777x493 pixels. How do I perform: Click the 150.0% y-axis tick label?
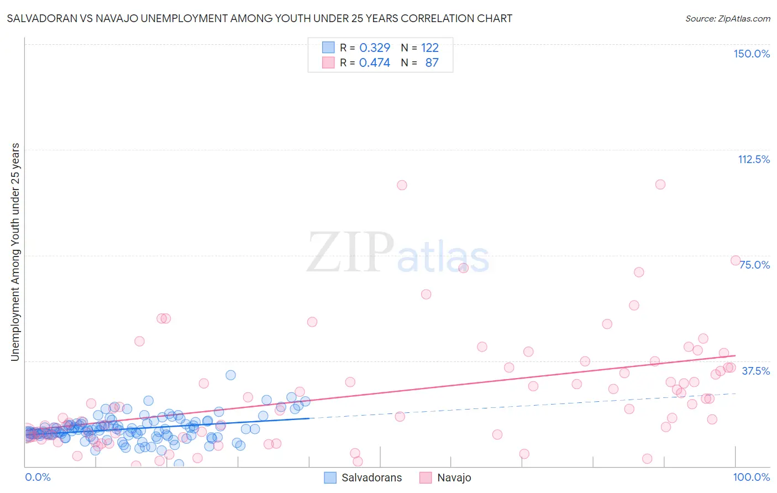pos(751,54)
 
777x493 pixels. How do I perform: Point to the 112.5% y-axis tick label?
pos(753,159)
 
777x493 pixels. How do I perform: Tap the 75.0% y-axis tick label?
pos(754,265)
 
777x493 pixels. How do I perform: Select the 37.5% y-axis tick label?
pos(755,371)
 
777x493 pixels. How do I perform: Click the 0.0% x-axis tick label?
pos(38,477)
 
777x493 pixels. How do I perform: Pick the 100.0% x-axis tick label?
pos(751,477)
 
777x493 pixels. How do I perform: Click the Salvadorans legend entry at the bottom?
pos(363,478)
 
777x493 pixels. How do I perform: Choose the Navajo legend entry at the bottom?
pos(445,478)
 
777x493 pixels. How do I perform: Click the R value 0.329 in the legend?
pos(374,48)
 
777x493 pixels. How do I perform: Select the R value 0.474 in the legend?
pos(374,62)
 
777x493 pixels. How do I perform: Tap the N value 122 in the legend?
pos(429,48)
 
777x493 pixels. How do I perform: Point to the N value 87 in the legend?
pos(432,62)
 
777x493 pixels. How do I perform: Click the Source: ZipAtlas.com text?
pos(727,18)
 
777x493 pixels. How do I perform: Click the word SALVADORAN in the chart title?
pos(40,18)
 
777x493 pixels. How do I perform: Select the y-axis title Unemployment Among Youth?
pos(15,252)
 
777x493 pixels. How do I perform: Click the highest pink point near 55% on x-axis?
pos(402,185)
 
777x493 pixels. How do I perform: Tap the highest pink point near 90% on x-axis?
pos(660,185)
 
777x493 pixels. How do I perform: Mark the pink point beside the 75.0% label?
pos(736,260)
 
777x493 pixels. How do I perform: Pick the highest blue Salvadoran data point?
pos(230,375)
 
